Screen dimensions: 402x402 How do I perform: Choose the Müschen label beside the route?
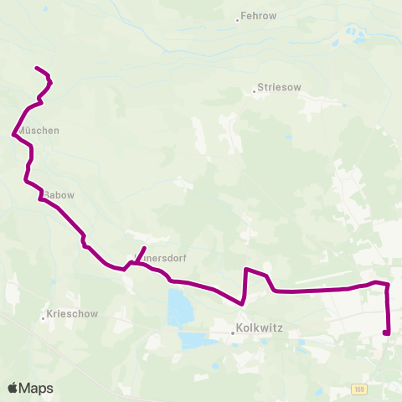[x=39, y=131]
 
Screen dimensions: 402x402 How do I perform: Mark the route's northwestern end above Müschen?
[x=35, y=68]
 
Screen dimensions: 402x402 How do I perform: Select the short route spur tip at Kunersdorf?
[x=145, y=249]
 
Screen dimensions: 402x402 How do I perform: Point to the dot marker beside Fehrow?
[x=237, y=19]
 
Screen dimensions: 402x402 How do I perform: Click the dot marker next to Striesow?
[x=255, y=91]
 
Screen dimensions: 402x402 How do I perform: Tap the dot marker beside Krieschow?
[x=43, y=318]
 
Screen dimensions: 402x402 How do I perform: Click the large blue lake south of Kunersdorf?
[x=178, y=307]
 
